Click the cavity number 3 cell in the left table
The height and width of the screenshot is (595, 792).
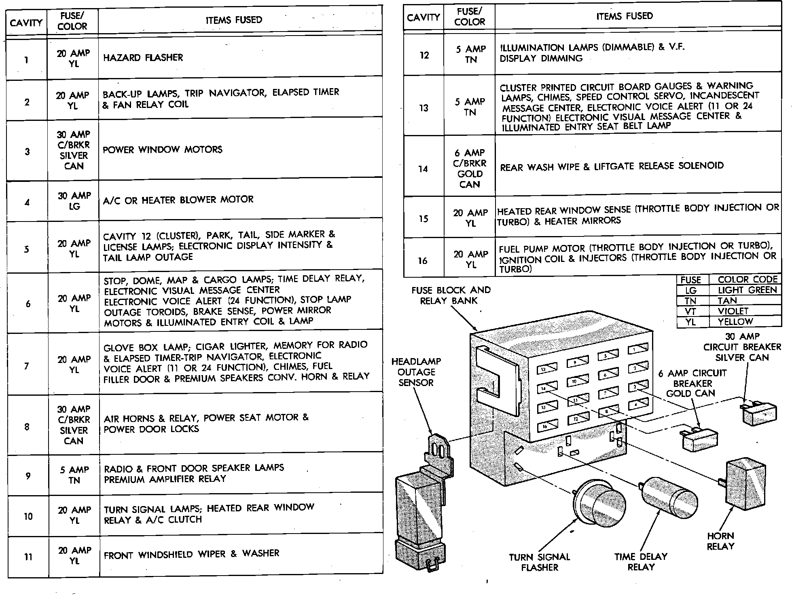click(27, 152)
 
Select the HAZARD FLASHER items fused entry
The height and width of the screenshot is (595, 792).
click(143, 57)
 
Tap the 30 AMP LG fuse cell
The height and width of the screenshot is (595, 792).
click(74, 201)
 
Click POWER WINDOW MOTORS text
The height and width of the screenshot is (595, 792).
click(162, 150)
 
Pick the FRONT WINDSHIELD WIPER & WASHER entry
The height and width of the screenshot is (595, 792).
click(191, 554)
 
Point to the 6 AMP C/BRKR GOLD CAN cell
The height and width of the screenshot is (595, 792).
click(469, 169)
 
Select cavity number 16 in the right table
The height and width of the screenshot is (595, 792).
click(423, 261)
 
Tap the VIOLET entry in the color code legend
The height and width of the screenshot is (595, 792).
click(733, 311)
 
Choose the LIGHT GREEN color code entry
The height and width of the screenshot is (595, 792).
click(747, 290)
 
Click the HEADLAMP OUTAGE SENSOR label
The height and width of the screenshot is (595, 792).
click(416, 372)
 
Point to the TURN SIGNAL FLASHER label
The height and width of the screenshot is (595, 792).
click(539, 562)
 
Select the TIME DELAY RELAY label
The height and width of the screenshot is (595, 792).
click(641, 561)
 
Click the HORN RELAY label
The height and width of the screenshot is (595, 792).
click(720, 541)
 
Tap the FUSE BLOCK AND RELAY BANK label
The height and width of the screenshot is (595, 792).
click(451, 295)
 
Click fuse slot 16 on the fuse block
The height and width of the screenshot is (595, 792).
click(547, 426)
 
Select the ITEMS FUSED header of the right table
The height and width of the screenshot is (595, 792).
click(624, 16)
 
